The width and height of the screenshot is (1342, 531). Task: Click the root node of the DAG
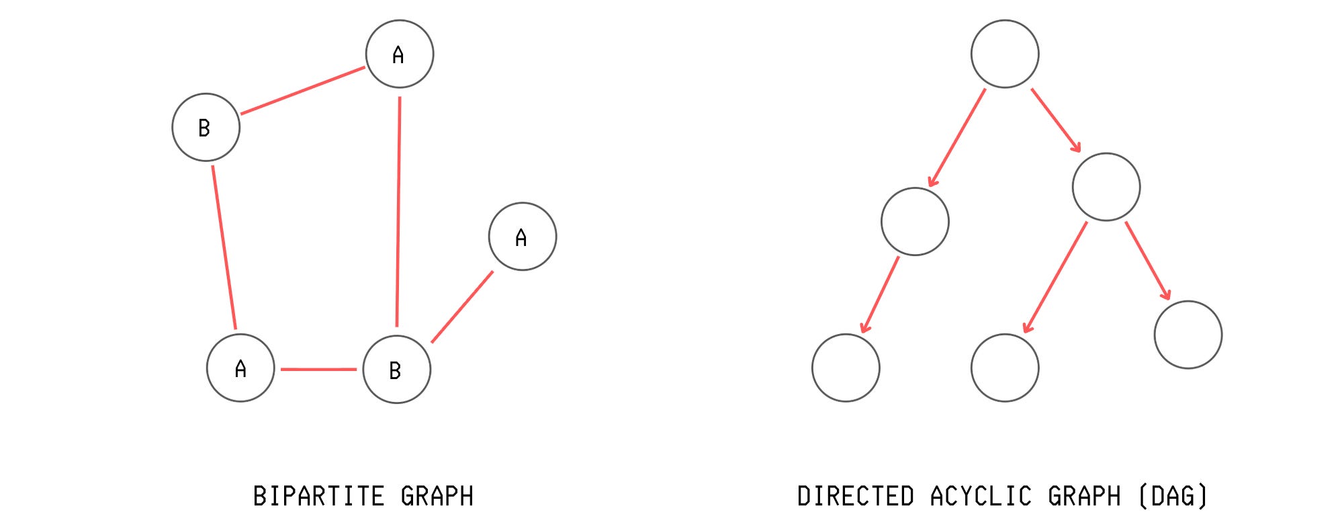click(1004, 54)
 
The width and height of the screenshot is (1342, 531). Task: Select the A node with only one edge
click(522, 237)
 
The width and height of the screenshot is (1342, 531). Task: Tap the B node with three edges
click(396, 369)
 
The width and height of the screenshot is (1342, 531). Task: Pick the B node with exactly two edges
click(206, 127)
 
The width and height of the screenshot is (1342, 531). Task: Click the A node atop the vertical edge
click(399, 54)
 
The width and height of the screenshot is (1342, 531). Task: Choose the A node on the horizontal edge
click(240, 368)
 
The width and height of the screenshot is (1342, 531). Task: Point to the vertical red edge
click(398, 212)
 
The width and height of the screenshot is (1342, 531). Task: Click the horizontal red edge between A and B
click(318, 369)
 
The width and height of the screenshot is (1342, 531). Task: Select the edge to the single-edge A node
click(462, 307)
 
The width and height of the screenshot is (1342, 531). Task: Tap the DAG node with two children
click(1106, 187)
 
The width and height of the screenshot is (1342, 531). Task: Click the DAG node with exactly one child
click(915, 221)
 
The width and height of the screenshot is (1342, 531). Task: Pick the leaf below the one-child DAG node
click(846, 368)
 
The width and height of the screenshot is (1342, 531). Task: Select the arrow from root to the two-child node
click(1056, 120)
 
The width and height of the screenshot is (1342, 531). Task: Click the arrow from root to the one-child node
click(956, 138)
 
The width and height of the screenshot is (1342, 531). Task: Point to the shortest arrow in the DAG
click(1056, 120)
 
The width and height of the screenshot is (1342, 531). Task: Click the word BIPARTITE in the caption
click(318, 497)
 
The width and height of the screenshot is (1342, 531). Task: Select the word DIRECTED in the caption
click(855, 497)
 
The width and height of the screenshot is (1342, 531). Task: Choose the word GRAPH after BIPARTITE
click(437, 497)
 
